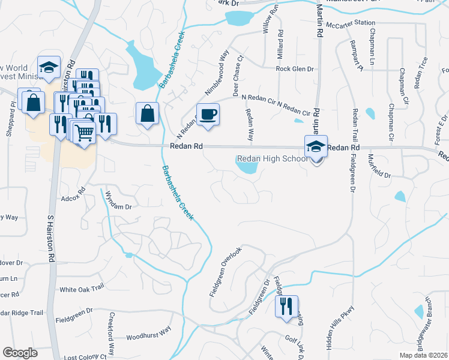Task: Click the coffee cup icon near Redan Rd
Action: pos(208,115)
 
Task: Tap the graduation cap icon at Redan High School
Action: pos(316,146)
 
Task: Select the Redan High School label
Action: pos(272,159)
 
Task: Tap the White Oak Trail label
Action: pos(82,289)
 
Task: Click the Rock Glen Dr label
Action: pos(295,69)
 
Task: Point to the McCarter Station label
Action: pos(349,24)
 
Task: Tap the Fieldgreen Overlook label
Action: pos(225,271)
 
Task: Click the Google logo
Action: pos(20,353)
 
